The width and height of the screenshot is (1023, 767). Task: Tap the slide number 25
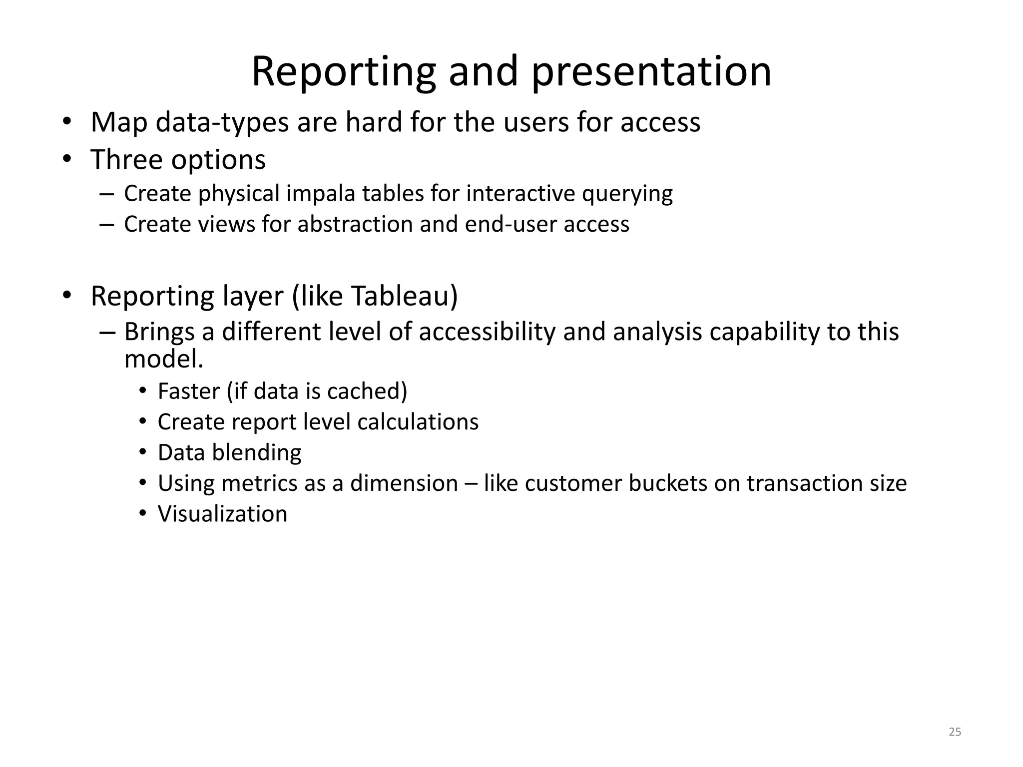point(955,732)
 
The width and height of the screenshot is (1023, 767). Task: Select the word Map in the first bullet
point(119,122)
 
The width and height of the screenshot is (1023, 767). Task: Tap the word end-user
point(511,224)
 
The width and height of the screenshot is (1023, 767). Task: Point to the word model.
point(163,359)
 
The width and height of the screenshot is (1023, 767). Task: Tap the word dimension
point(404,483)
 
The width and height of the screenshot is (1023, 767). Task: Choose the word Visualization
point(222,514)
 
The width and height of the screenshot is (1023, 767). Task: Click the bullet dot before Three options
point(67,159)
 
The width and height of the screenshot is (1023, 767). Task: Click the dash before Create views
point(106,224)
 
